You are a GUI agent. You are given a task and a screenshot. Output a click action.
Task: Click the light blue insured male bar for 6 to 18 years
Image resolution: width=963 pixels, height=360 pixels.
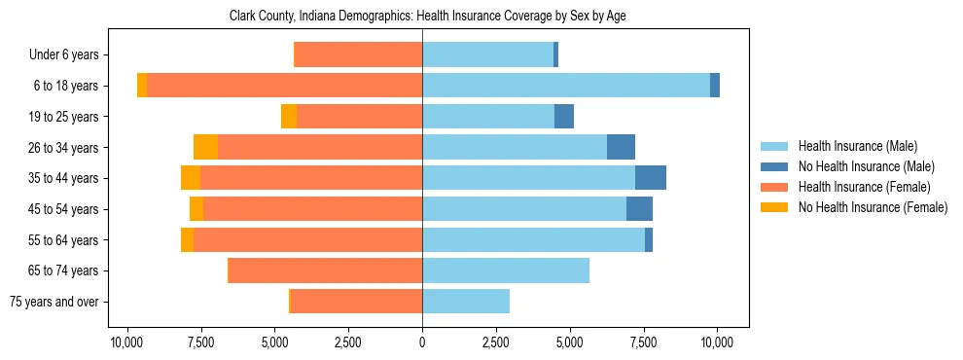(x=565, y=86)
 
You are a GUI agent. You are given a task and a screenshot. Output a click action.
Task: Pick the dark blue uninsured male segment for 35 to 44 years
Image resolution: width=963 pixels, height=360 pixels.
(x=650, y=178)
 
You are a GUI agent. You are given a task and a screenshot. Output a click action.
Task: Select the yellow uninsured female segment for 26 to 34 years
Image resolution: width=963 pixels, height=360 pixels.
(x=205, y=147)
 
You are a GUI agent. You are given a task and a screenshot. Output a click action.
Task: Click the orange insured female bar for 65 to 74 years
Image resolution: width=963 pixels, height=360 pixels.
(x=324, y=270)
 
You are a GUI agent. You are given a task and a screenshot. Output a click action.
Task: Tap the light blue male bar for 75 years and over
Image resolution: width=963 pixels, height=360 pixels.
(x=465, y=302)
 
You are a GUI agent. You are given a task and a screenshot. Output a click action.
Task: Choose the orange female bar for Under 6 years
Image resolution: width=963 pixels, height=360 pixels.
(x=357, y=55)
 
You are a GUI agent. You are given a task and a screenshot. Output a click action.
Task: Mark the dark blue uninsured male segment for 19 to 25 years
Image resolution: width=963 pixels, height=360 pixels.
(x=563, y=117)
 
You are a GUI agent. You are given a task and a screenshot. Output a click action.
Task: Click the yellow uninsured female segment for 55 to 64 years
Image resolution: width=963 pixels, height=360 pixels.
(x=187, y=239)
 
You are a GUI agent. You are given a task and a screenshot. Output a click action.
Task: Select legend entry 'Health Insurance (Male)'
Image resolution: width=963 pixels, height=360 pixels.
(x=857, y=146)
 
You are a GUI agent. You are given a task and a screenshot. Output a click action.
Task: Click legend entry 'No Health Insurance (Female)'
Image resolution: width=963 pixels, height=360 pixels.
(x=873, y=207)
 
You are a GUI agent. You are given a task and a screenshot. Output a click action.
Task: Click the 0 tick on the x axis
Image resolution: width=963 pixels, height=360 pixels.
(x=422, y=342)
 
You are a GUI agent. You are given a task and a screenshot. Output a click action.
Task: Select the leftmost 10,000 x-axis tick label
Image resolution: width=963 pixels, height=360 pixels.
(x=126, y=342)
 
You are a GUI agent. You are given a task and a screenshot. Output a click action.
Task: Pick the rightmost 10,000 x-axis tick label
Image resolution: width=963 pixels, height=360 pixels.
(x=717, y=342)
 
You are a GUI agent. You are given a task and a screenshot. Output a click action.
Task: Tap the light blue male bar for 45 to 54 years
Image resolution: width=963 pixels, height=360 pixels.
(x=523, y=209)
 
